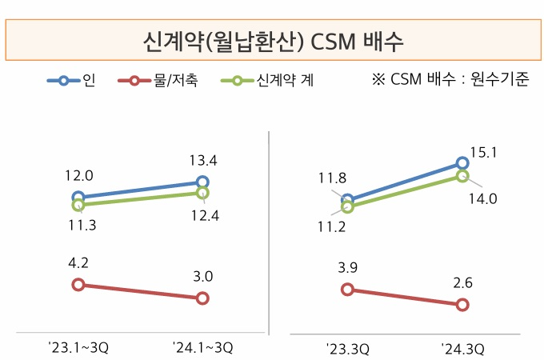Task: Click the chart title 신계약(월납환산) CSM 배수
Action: (x=273, y=39)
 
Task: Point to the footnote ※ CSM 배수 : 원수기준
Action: (x=450, y=80)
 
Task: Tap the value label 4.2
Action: (x=78, y=260)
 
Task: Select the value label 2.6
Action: (x=462, y=282)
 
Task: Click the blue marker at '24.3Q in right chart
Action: (x=462, y=163)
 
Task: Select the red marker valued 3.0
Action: (x=202, y=298)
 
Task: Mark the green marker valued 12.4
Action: (x=202, y=193)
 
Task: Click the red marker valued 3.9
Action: (x=347, y=290)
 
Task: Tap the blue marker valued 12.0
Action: (x=78, y=197)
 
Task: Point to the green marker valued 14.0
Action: (x=462, y=176)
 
